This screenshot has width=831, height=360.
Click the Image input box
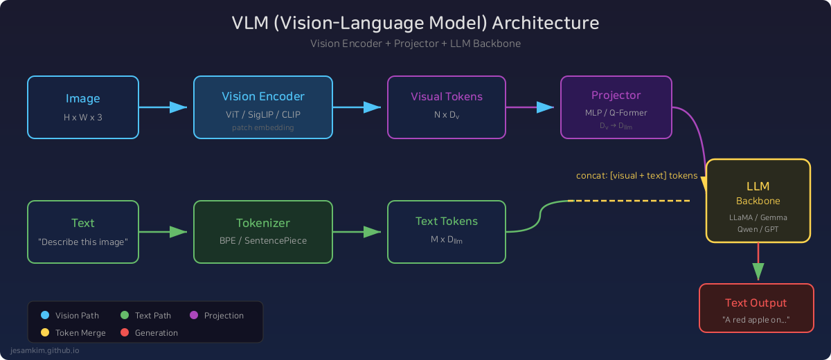83,107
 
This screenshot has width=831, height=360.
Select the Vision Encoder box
263,107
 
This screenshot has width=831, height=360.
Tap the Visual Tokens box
447,107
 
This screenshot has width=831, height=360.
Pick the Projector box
616,107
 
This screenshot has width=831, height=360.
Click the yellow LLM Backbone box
758,201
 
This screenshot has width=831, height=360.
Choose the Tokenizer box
263,231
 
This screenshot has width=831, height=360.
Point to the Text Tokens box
447,231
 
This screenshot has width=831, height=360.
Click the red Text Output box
756,308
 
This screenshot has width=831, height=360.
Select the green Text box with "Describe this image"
83,231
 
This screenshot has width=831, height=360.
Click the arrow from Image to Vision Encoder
165,107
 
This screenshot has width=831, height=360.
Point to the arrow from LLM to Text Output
758,263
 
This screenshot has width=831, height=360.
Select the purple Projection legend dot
194,316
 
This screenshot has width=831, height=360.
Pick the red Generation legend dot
125,333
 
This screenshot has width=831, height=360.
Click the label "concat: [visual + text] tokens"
636,176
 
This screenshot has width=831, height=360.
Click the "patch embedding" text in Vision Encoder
262,128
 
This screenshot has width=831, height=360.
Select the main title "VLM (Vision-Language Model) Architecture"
415,23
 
